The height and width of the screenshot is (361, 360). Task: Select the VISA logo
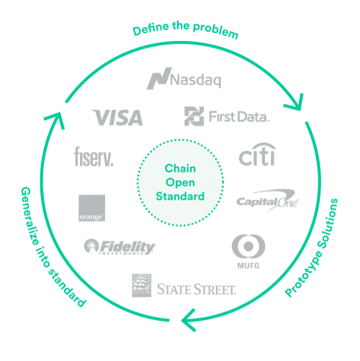[x=118, y=116]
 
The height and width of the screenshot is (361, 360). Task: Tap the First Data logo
[x=226, y=116]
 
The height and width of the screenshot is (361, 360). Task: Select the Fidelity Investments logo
[x=120, y=247]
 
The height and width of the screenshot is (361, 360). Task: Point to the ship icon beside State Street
[x=142, y=285]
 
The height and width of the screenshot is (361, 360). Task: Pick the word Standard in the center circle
[x=180, y=196]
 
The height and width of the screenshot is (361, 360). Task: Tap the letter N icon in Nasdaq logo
[x=157, y=78]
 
